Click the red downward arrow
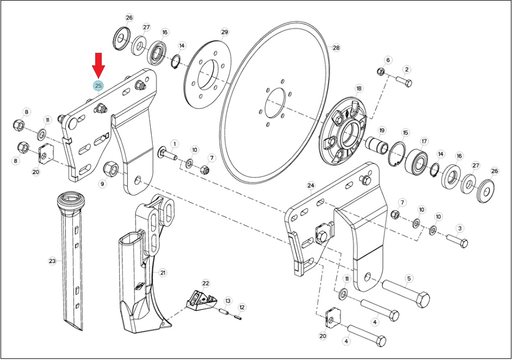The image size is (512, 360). click(98, 65)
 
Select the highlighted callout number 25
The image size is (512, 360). click(98, 86)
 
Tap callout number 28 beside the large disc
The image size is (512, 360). click(336, 48)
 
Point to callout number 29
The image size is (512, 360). click(224, 32)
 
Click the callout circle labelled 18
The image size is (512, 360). click(359, 88)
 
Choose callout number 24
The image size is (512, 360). click(311, 186)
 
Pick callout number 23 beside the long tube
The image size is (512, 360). click(52, 261)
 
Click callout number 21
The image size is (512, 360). click(163, 273)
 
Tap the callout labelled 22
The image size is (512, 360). click(205, 283)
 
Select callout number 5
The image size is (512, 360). click(409, 279)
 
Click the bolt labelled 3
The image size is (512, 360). click(457, 241)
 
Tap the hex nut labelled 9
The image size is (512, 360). click(110, 168)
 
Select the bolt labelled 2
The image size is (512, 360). click(404, 81)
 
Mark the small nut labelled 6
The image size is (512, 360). click(380, 71)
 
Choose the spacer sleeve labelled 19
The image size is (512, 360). click(376, 146)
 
